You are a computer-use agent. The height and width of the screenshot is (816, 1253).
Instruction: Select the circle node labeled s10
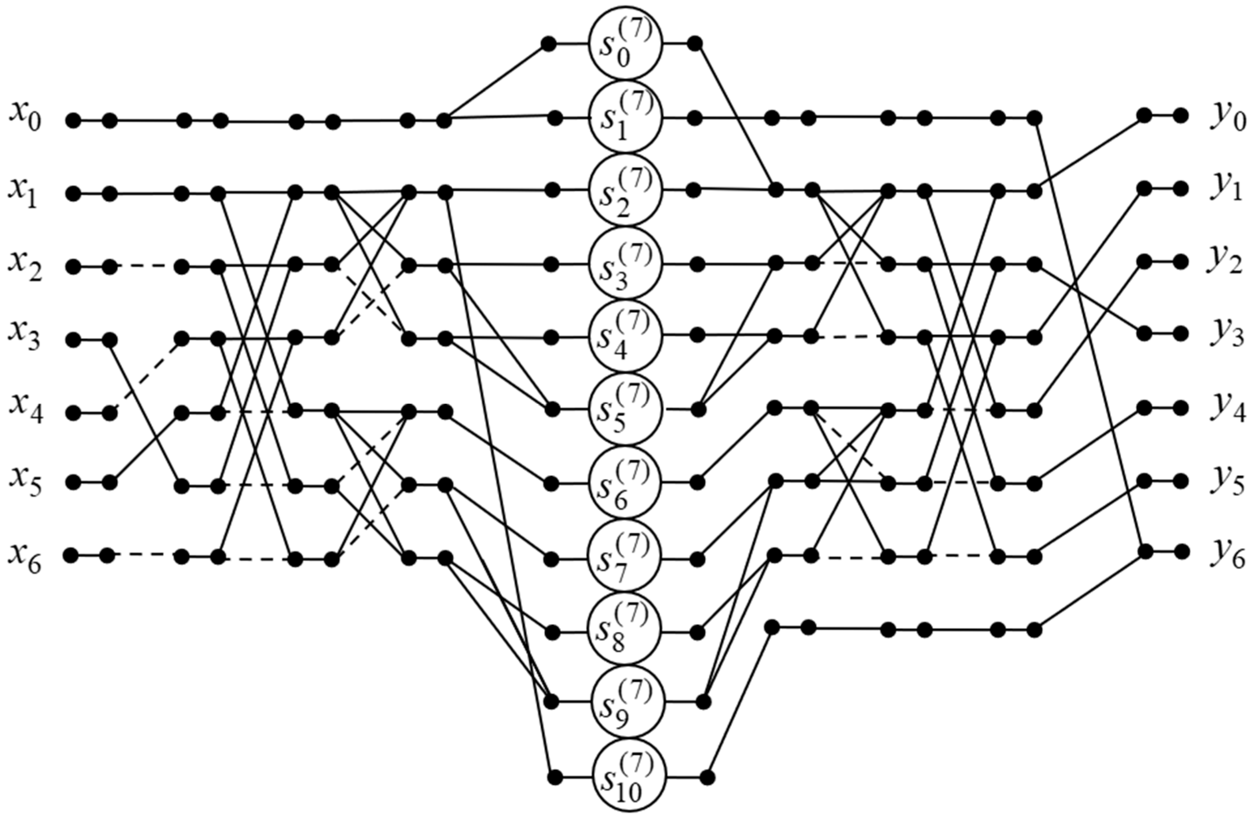pyautogui.click(x=629, y=777)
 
